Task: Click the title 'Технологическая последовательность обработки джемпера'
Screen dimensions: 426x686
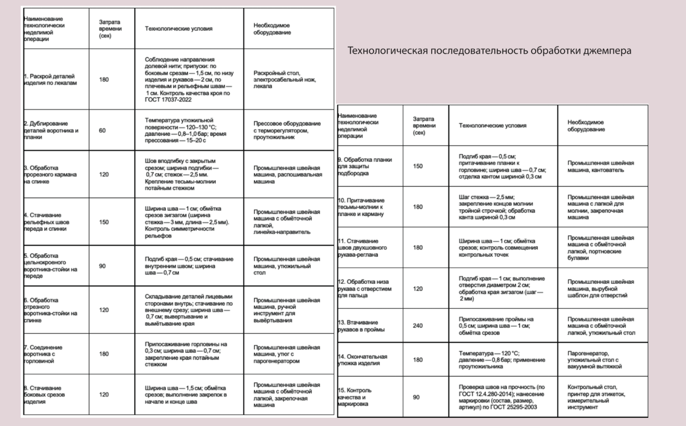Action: coord(489,50)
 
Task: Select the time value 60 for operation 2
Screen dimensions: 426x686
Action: coord(102,130)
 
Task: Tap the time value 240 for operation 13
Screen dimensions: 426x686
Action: coord(417,326)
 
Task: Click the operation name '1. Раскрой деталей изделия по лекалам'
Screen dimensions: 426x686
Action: coord(50,79)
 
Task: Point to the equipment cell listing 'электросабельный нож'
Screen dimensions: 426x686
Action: coord(284,79)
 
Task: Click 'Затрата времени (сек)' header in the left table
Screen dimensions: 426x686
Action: coord(110,28)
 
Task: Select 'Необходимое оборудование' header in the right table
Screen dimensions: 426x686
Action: coord(586,125)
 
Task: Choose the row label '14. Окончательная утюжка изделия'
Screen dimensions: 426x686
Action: coord(363,360)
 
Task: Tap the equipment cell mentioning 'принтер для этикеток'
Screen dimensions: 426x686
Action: coord(596,397)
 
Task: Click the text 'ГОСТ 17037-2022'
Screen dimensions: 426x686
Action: coord(168,100)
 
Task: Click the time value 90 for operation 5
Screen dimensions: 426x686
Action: coord(102,266)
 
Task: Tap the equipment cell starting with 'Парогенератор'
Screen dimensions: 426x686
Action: coord(594,360)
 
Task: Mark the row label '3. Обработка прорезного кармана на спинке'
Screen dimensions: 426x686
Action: coord(50,175)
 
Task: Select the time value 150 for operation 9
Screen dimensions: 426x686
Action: coord(417,166)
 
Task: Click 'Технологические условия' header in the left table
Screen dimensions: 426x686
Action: coord(178,28)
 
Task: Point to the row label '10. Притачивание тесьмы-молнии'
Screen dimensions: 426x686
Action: coord(361,207)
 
